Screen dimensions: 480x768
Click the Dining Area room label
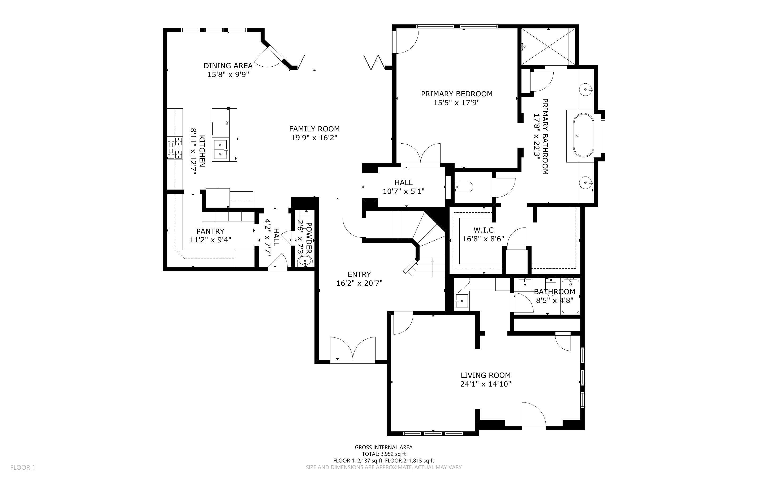pos(228,66)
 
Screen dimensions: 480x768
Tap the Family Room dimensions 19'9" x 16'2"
pos(314,138)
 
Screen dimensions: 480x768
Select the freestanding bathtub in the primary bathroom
pos(583,136)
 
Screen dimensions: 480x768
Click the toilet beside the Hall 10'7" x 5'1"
pos(464,187)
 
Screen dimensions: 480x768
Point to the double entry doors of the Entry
pos(352,349)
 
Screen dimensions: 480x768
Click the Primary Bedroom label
pos(456,94)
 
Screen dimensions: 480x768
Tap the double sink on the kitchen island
pos(221,149)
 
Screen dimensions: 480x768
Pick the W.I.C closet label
pos(484,230)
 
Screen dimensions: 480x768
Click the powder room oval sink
pos(305,262)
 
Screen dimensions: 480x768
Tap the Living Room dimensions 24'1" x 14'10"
pos(485,384)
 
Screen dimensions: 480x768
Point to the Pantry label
pos(210,231)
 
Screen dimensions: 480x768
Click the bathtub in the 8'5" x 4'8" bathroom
pos(570,296)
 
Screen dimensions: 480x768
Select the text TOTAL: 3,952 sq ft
pos(383,454)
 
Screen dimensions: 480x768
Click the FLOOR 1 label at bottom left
pos(23,467)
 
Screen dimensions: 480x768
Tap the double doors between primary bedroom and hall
pos(420,155)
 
